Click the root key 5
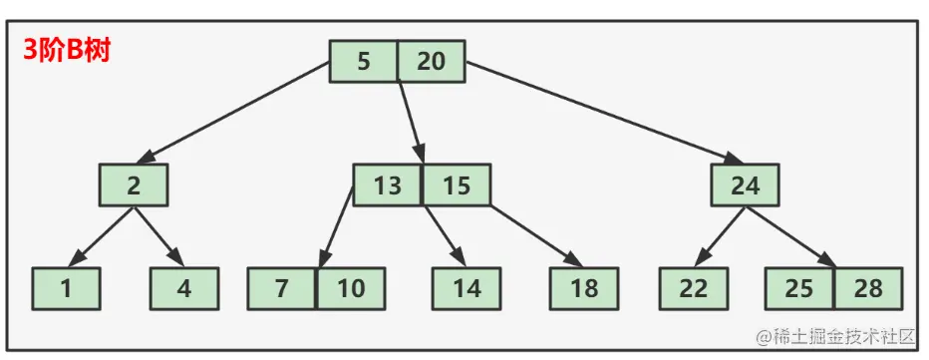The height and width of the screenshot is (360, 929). (363, 62)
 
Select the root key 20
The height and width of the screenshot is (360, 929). (431, 62)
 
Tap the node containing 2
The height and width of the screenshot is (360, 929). (133, 185)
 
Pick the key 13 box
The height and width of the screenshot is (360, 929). (387, 185)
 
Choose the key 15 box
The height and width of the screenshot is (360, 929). (456, 185)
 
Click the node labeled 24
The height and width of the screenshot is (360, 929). (745, 185)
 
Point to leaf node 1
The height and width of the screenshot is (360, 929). (66, 289)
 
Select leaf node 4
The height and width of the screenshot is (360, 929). (184, 289)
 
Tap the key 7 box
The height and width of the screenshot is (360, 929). (281, 289)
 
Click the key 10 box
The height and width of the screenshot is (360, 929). (350, 289)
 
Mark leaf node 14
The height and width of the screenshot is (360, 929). (465, 289)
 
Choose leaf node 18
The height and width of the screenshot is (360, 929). (584, 289)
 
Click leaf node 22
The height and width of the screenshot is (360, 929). (693, 289)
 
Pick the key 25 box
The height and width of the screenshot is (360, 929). (799, 289)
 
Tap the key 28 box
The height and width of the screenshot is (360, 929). (868, 289)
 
